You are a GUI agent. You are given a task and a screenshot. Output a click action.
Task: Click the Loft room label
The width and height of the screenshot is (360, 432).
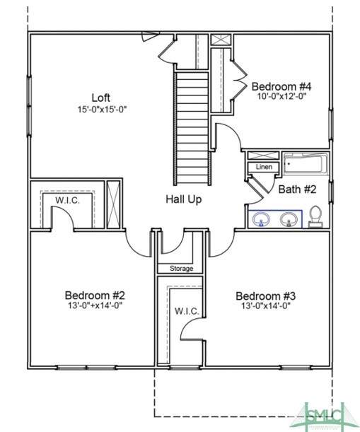point(101,98)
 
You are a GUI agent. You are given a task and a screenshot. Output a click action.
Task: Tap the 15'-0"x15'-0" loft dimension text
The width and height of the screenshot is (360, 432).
point(102,110)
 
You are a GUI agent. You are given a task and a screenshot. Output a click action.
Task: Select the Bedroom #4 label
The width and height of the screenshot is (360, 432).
point(281,86)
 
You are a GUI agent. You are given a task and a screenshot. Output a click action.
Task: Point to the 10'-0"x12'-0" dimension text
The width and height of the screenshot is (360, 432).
point(282,96)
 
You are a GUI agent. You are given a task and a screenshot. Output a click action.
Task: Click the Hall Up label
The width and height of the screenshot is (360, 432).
point(184,199)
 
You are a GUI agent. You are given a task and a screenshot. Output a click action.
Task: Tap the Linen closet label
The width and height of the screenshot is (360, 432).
point(264,167)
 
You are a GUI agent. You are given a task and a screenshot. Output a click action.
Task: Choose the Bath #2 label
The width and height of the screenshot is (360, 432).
point(297,189)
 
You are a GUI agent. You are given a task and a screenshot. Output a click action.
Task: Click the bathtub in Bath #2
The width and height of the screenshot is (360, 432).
point(306,164)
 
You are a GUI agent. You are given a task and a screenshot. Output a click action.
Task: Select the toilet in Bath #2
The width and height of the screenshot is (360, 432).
point(315,217)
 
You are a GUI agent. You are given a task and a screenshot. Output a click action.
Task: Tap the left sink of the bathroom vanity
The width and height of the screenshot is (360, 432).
point(261,220)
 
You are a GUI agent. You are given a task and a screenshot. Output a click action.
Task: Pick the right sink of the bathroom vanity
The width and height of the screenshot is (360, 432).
point(289,220)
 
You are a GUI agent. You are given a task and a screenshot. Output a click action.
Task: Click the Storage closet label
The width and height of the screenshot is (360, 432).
point(181,269)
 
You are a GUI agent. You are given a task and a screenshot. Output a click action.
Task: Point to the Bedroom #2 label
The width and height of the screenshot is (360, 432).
point(95,296)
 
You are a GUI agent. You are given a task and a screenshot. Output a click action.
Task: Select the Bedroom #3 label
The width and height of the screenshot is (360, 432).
point(266,296)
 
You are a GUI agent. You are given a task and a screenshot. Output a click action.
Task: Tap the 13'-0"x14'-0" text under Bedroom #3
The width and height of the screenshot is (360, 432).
point(266,306)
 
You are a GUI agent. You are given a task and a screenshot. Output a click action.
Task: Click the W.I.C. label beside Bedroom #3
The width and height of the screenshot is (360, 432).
point(187,311)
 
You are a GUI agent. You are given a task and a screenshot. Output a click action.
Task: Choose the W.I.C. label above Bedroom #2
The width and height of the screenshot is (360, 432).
point(67,200)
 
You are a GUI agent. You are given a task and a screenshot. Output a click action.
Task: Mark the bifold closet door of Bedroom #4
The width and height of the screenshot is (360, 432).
point(239,80)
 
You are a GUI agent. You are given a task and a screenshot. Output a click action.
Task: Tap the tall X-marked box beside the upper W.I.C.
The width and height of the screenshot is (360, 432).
point(113,204)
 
